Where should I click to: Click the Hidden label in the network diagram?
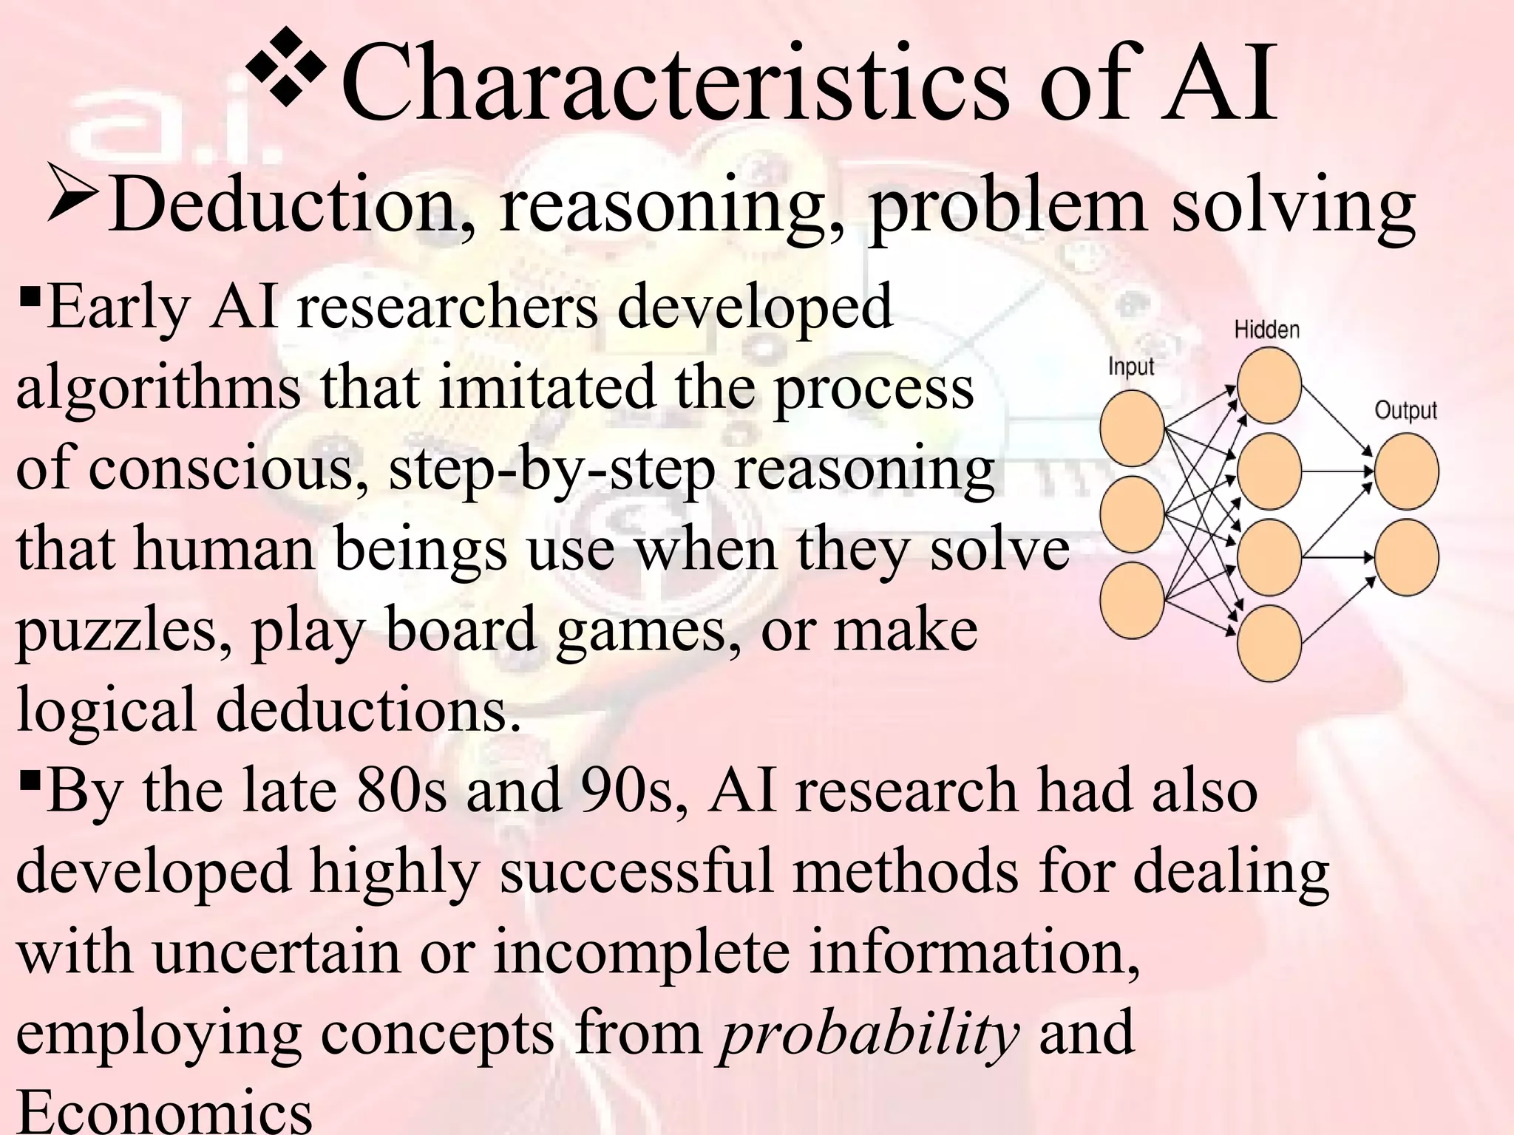(x=1266, y=330)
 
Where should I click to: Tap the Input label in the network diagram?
(x=1131, y=367)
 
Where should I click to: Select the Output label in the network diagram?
(x=1405, y=410)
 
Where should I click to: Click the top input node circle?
(x=1132, y=429)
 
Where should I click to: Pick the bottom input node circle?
(x=1132, y=600)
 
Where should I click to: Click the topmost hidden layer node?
(x=1269, y=386)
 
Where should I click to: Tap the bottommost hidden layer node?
(x=1269, y=643)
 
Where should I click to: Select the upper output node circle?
(x=1407, y=471)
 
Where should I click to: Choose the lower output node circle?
(x=1407, y=557)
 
